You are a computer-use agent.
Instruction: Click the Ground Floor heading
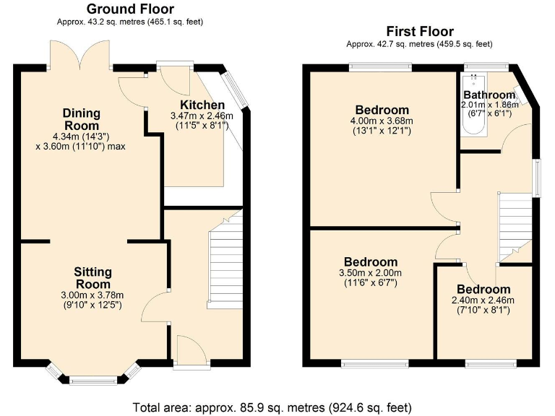[x=130, y=9]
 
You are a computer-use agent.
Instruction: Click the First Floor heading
[x=420, y=31]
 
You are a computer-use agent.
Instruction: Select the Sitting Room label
[x=93, y=278]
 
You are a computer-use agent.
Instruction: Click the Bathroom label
[x=489, y=95]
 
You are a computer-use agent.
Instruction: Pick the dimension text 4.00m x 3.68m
[x=382, y=121]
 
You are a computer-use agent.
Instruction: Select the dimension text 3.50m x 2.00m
[x=371, y=273]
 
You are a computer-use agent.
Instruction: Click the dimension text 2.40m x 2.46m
[x=482, y=300]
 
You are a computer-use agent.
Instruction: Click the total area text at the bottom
[x=277, y=407]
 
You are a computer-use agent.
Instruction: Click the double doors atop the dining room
[x=79, y=56]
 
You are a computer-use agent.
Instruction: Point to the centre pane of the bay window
[x=92, y=379]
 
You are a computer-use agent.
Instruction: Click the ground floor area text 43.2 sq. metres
[x=130, y=22]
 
